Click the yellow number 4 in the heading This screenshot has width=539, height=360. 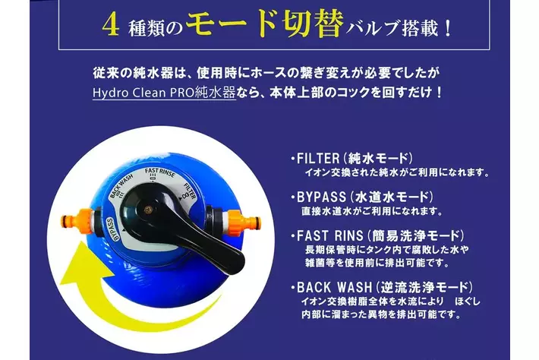pyautogui.click(x=111, y=25)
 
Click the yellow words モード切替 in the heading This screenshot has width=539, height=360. pyautogui.click(x=265, y=24)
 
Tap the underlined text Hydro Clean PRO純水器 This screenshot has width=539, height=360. pyautogui.click(x=164, y=93)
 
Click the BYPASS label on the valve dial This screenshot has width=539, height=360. pyautogui.click(x=112, y=229)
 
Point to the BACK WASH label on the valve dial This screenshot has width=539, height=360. pyautogui.click(x=121, y=186)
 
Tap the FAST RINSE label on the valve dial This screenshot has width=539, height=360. pyautogui.click(x=160, y=172)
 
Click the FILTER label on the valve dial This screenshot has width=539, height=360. pyautogui.click(x=189, y=191)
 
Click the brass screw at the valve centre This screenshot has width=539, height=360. pyautogui.click(x=148, y=208)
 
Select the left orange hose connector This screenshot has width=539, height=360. pyautogui.click(x=77, y=220)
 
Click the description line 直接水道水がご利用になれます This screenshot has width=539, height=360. pyautogui.click(x=372, y=211)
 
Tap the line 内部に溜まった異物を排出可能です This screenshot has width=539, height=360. pyautogui.click(x=381, y=314)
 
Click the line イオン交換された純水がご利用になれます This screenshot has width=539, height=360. pyautogui.click(x=397, y=172)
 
